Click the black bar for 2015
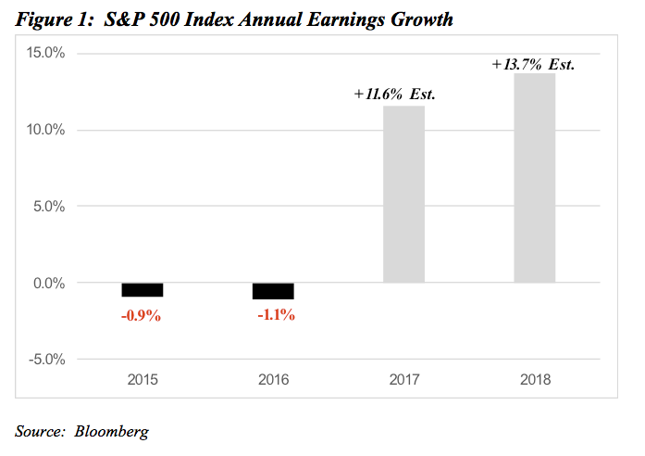(x=143, y=289)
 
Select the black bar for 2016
(x=274, y=291)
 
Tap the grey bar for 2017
(x=403, y=194)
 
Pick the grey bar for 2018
(x=535, y=178)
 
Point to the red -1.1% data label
(x=275, y=315)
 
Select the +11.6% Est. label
(x=394, y=95)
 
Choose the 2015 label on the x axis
(x=143, y=380)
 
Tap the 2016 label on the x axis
(x=274, y=380)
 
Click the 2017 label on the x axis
(x=404, y=380)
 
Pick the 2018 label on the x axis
(x=535, y=380)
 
